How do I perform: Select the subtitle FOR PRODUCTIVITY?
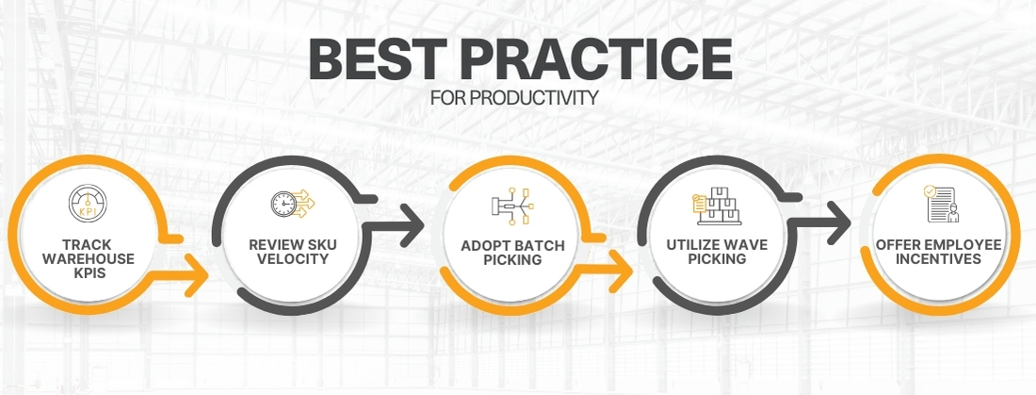513,98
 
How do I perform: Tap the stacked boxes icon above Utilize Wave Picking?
719,204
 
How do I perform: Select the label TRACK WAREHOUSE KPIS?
89,258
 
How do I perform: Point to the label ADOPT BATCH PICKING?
512,253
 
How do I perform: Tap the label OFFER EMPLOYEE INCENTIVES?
939,252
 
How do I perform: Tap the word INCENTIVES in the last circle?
939,258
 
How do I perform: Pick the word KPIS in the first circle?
89,272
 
